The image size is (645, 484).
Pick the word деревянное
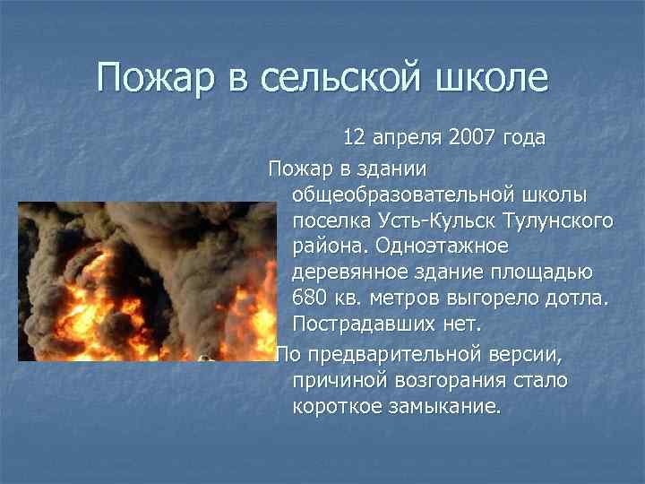coord(348,271)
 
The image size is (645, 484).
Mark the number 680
coord(311,297)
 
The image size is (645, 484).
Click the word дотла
coord(578,297)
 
